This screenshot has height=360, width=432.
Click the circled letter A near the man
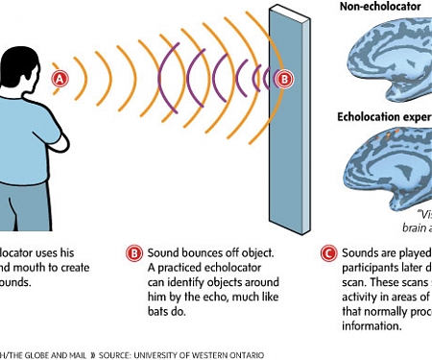pos(60,79)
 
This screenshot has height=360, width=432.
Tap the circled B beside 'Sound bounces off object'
pos(134,254)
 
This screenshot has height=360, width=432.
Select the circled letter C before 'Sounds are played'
pos(327,254)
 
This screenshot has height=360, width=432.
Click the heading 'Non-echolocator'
pos(380,7)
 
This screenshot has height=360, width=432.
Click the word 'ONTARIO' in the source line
pos(244,354)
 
